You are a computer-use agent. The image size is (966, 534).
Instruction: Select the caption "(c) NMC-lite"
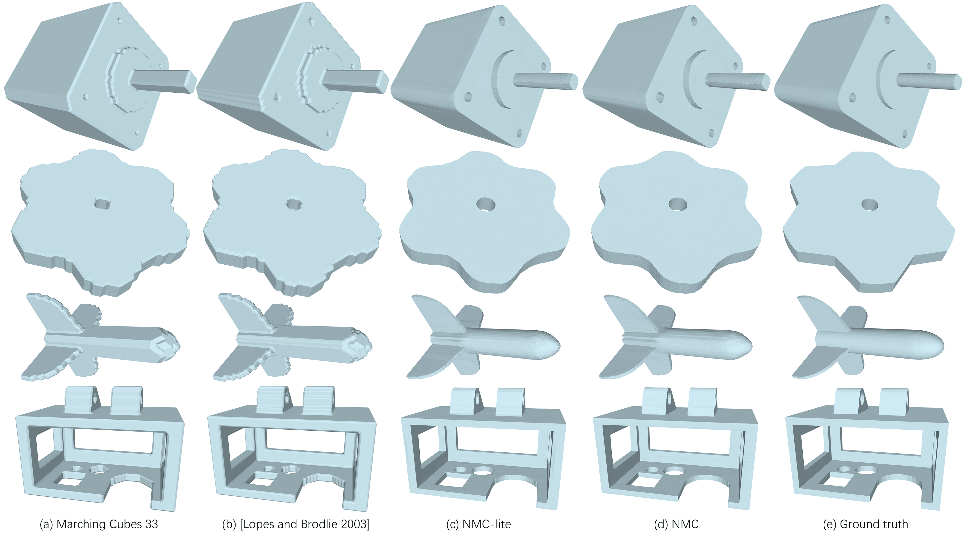(x=479, y=524)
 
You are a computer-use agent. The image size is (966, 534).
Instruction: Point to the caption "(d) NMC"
(x=676, y=524)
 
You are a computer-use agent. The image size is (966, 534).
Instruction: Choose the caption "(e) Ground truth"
(x=865, y=524)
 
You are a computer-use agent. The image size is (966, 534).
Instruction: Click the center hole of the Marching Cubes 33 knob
(x=102, y=204)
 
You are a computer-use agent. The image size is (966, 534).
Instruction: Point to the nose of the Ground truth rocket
(x=937, y=344)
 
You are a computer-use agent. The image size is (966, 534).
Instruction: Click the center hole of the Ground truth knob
(x=870, y=205)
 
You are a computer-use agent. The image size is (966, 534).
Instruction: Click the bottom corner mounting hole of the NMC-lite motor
(x=520, y=132)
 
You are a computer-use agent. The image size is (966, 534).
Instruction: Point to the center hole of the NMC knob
(x=678, y=205)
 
